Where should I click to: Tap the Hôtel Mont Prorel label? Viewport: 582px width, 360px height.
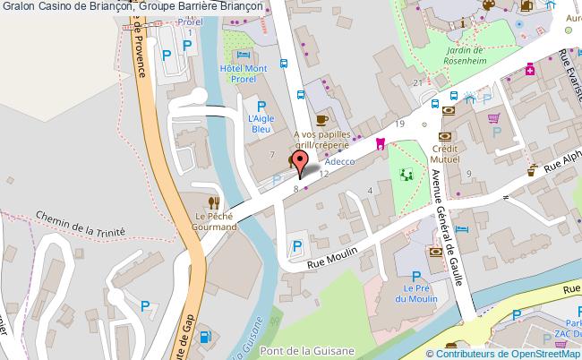pos(244,73)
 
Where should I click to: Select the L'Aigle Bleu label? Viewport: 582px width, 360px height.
pos(260,124)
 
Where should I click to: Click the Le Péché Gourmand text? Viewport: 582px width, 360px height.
pos(213,221)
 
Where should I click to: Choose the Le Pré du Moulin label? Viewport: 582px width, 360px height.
pos(417,294)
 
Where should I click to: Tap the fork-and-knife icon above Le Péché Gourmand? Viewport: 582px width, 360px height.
pos(213,202)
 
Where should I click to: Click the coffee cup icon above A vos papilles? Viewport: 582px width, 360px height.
pos(322,118)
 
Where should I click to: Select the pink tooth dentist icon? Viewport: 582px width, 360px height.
pos(380,142)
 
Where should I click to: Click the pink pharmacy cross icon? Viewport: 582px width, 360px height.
pos(530,69)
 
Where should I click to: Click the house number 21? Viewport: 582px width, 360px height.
pos(417,82)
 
